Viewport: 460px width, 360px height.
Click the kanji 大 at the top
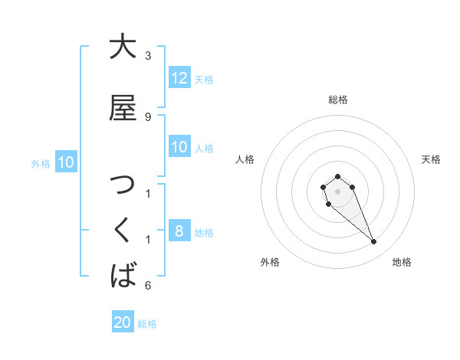(x=123, y=47)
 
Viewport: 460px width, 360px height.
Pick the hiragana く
(x=123, y=231)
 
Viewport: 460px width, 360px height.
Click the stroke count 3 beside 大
(x=148, y=56)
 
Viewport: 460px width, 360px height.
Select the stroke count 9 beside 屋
(x=148, y=116)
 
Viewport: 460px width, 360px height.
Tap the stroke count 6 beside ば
(x=148, y=286)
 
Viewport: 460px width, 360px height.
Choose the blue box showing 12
(x=179, y=78)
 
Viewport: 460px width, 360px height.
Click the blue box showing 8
(x=179, y=232)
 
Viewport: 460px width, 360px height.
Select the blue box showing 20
(x=123, y=322)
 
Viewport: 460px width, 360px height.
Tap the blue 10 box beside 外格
(x=66, y=162)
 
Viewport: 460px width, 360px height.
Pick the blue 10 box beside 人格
(x=179, y=147)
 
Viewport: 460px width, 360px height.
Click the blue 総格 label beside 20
(x=147, y=324)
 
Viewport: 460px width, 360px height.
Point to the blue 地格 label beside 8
(x=204, y=233)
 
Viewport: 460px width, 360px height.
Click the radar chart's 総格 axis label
(x=338, y=100)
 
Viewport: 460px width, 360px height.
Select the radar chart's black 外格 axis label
(x=270, y=262)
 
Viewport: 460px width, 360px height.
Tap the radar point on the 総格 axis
(x=338, y=177)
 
